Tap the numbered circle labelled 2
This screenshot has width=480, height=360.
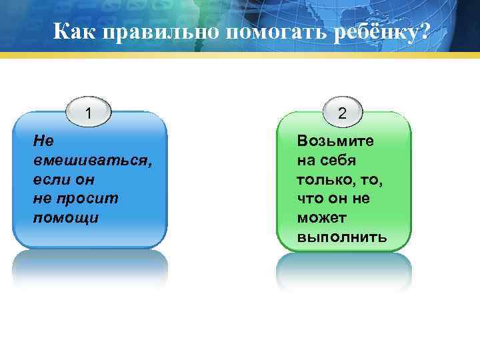click(x=342, y=113)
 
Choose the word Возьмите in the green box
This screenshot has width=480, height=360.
click(x=336, y=141)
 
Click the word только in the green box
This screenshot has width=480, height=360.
click(x=324, y=180)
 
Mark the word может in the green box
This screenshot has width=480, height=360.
click(x=323, y=218)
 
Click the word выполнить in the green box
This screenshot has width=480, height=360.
click(x=342, y=237)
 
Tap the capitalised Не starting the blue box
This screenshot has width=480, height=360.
click(x=43, y=141)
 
